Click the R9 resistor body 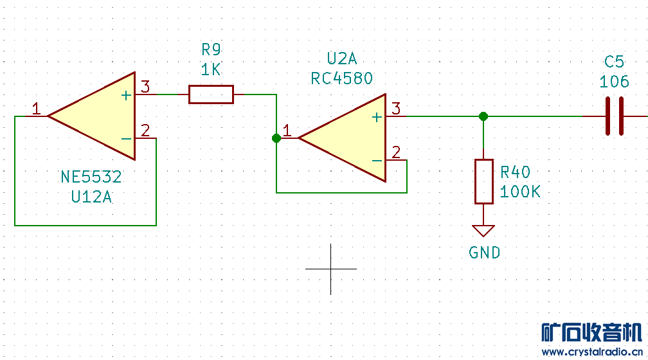pos(211,94)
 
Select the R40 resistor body pos(483,181)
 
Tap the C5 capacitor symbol pos(614,116)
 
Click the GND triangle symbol pos(483,230)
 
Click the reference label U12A pos(91,197)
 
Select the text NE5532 pos(91,177)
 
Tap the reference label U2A pos(341,59)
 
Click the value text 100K pos(520,192)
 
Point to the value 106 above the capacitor pos(614,82)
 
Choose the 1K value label pos(211,69)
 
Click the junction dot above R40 pos(483,116)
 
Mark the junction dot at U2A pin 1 pos(276,138)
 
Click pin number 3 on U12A pos(145,87)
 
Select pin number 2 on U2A pos(396,152)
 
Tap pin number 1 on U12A pos(37,109)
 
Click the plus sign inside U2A pos(377,117)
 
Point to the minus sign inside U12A pos(126,138)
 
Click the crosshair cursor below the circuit pos(331,269)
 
